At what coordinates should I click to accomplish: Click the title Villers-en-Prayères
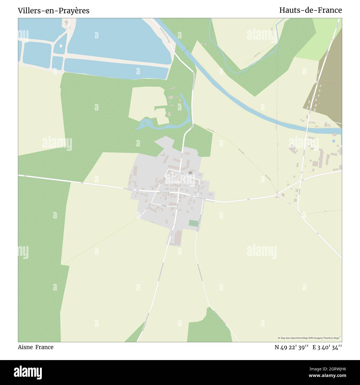pos(53,11)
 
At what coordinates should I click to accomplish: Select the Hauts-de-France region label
pos(310,10)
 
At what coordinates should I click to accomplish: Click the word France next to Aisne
pos(44,347)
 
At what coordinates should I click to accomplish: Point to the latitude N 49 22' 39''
pos(291,347)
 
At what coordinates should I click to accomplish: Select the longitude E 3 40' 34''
pos(327,347)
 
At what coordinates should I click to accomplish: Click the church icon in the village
pos(191,173)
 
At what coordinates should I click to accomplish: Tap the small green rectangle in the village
pos(194,223)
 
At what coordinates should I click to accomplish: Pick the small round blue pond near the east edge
pos(334,141)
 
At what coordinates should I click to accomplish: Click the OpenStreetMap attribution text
pos(309,338)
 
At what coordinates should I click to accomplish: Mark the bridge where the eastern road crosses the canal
pos(307,129)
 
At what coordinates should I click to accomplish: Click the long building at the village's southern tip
pos(177,237)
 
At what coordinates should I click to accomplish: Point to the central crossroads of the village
pos(178,192)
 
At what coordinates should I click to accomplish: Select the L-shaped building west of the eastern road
pos(293,150)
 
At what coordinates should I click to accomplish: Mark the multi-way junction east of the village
pos(277,195)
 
